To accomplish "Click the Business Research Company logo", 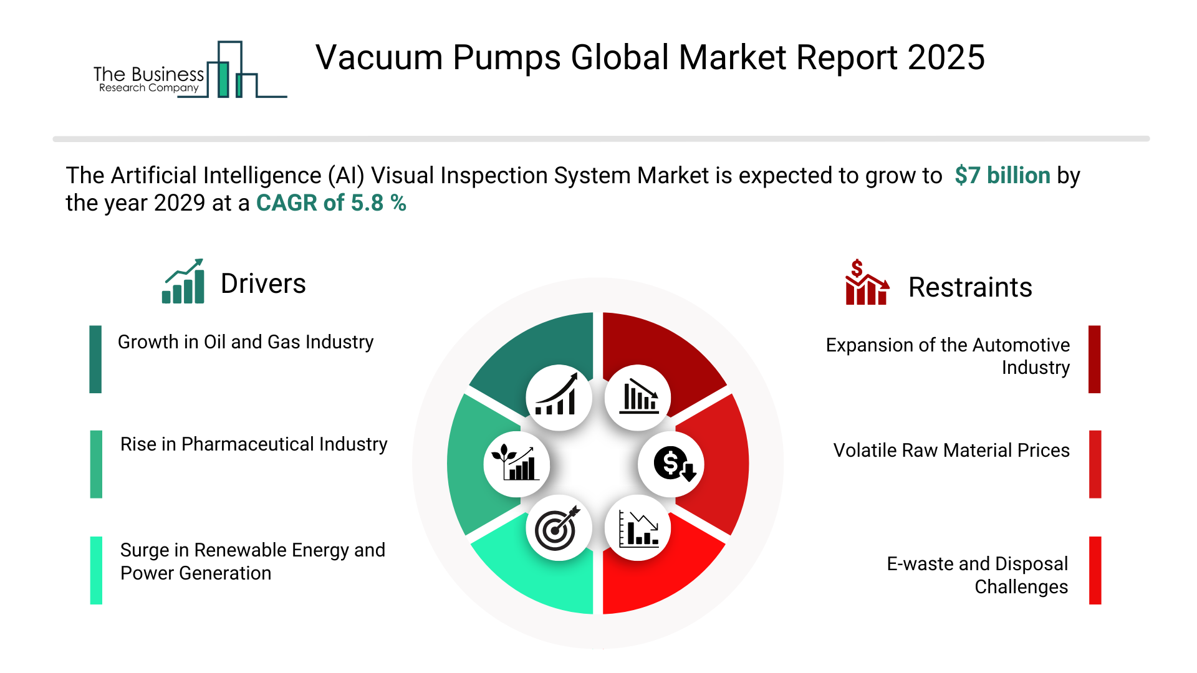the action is click(190, 70).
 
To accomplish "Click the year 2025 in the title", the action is click(946, 57).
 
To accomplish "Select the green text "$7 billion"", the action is click(1002, 176).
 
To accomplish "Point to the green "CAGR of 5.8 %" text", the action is click(331, 203).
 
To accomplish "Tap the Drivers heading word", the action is click(263, 284).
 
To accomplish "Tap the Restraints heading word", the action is click(970, 287).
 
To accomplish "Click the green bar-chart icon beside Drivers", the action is click(183, 281).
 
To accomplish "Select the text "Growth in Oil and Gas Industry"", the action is click(246, 342).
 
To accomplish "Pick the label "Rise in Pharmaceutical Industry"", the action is click(254, 444).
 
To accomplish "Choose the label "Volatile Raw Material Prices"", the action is click(951, 451).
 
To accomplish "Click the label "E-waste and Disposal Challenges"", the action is click(978, 575).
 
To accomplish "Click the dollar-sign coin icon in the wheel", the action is click(673, 464).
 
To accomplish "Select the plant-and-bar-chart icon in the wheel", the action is click(516, 463).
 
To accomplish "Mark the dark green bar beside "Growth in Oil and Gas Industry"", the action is click(95, 359).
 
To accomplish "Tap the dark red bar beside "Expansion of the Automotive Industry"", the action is click(1095, 359).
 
